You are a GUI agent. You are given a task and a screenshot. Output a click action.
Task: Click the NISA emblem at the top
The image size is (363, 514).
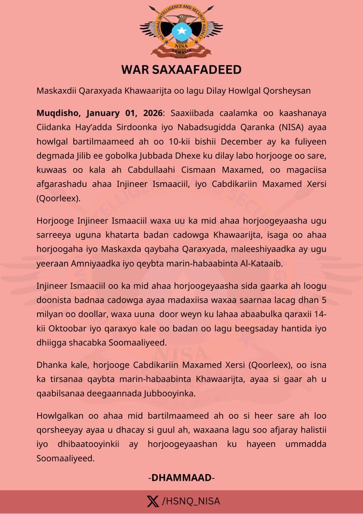[181, 31]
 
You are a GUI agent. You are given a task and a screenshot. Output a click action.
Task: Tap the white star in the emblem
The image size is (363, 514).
[181, 32]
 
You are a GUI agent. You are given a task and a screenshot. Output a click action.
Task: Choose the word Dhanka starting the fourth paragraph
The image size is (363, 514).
[50, 366]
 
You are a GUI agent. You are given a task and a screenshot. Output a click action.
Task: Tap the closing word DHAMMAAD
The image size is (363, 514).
[181, 477]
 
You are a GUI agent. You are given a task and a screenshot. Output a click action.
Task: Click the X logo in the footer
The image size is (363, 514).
[152, 501]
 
